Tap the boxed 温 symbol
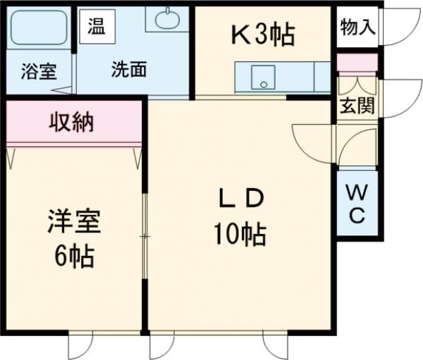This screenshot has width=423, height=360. [x=96, y=27]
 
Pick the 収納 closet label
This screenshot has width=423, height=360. [x=71, y=123]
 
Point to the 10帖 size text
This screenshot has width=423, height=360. [x=240, y=233]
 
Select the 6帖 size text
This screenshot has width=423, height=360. [x=74, y=256]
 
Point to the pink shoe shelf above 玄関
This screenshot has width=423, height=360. [x=357, y=62]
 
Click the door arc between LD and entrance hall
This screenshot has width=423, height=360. [x=310, y=144]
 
